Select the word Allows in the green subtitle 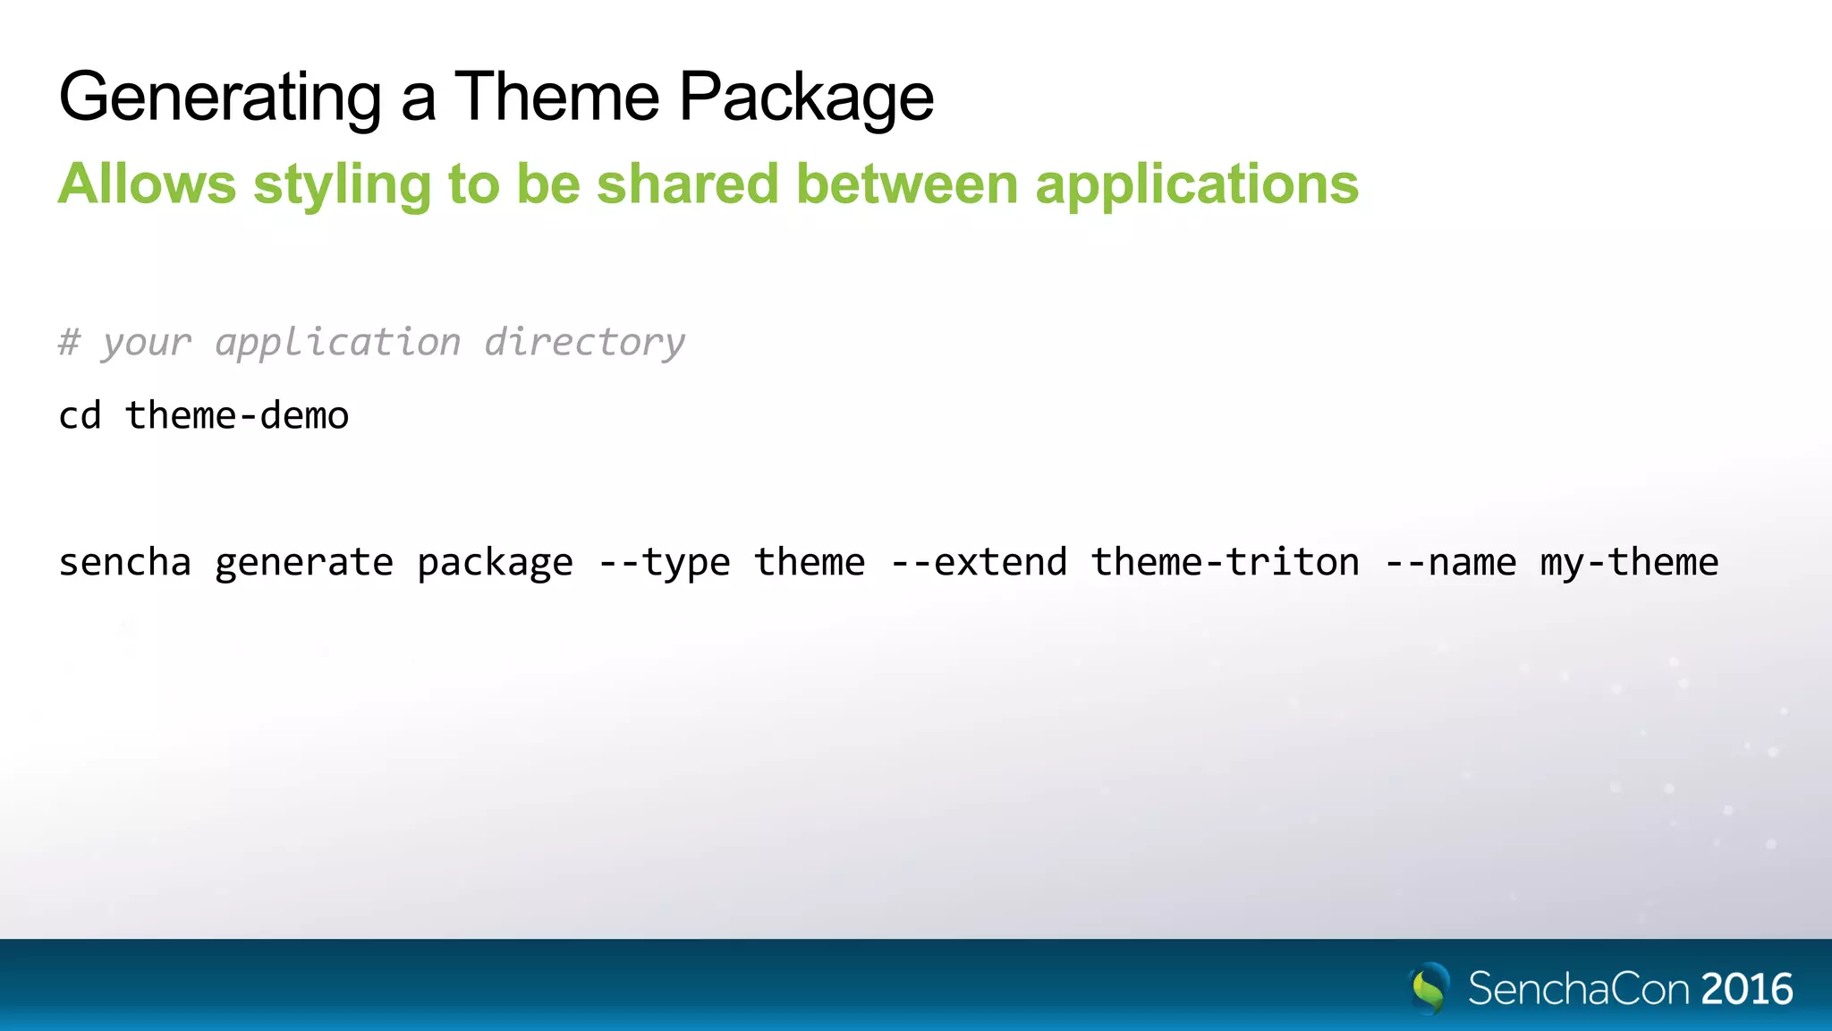(148, 184)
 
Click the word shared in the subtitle (688, 184)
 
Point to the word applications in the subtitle (1197, 184)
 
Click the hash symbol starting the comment (69, 343)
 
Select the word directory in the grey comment (584, 343)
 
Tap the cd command (80, 416)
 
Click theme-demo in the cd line (237, 416)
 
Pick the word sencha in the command (125, 563)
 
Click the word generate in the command (304, 563)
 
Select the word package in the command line (495, 563)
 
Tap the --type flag (664, 563)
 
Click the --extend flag (979, 563)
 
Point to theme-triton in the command (1225, 563)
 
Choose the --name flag (1450, 563)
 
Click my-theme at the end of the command (1629, 563)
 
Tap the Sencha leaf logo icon (1429, 988)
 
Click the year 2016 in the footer (1747, 990)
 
